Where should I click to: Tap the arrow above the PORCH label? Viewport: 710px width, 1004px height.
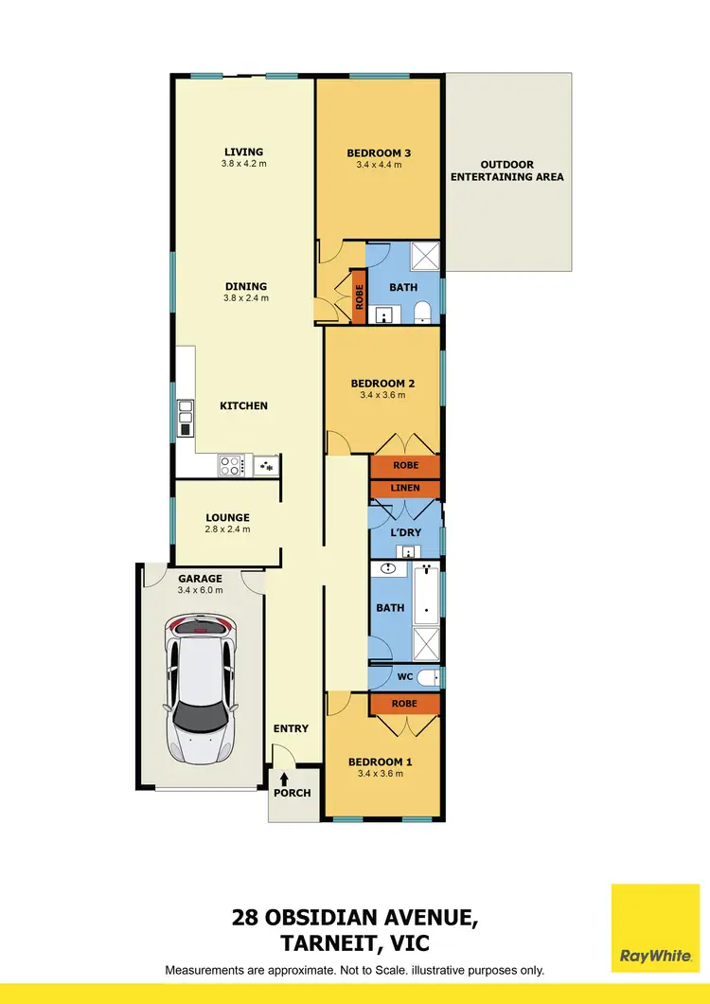point(284,778)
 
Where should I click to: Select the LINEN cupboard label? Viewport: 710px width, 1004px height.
point(404,488)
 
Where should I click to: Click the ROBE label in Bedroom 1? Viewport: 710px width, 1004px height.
point(404,704)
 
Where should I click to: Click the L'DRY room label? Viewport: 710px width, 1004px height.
point(404,532)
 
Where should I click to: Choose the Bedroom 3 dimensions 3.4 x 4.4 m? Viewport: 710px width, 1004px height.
point(379,165)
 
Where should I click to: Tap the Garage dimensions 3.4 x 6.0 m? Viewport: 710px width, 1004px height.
point(199,590)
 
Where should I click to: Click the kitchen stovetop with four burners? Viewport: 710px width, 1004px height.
point(231,465)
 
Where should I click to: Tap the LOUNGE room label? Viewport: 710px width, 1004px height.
point(228,517)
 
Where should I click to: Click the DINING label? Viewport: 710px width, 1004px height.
point(245,286)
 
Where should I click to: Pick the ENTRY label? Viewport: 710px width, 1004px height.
point(291,728)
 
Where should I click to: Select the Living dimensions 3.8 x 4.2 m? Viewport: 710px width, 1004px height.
point(243,164)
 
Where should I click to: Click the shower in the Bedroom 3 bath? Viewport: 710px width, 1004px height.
point(425,256)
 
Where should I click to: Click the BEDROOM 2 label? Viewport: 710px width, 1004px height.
point(382,384)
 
